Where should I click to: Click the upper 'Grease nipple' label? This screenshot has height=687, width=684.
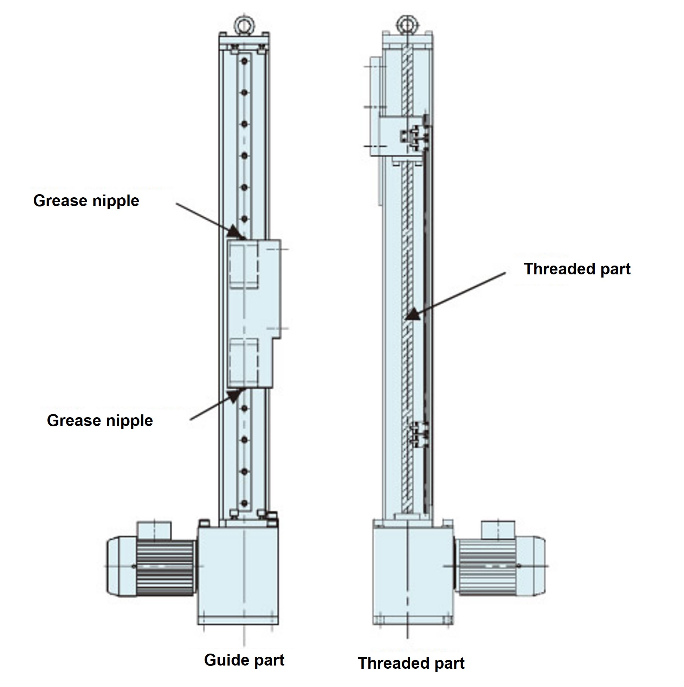click(x=86, y=201)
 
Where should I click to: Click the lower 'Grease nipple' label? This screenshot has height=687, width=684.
click(x=100, y=421)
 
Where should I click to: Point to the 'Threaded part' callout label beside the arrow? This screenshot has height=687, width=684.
click(x=577, y=269)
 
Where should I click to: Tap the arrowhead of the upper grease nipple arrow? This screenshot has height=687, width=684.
click(x=236, y=232)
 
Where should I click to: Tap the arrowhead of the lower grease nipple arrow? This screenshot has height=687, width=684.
click(x=235, y=395)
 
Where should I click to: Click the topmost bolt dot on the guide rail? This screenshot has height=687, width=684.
click(x=244, y=62)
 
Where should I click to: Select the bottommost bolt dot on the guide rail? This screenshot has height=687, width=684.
click(x=244, y=503)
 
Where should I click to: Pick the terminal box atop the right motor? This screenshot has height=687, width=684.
click(x=498, y=530)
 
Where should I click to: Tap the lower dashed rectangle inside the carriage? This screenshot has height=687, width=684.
click(x=244, y=360)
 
